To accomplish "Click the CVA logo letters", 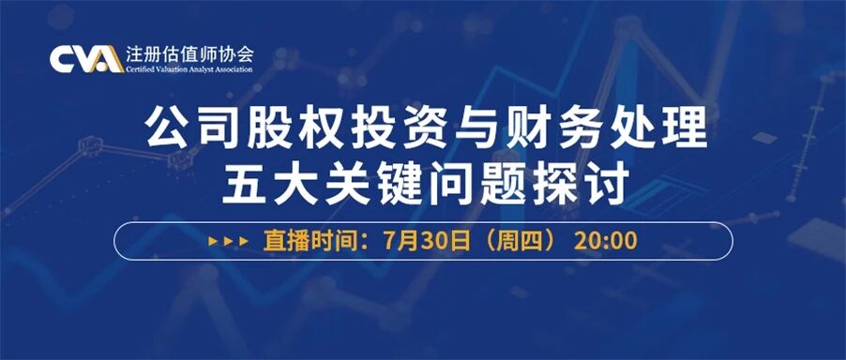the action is [x=87, y=59].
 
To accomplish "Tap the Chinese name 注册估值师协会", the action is [x=189, y=55].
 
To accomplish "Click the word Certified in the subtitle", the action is [x=138, y=69].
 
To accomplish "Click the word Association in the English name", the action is [x=232, y=69].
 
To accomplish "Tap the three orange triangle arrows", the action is [x=228, y=241].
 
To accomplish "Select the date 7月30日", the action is [x=426, y=240].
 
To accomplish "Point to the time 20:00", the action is [x=605, y=241].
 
